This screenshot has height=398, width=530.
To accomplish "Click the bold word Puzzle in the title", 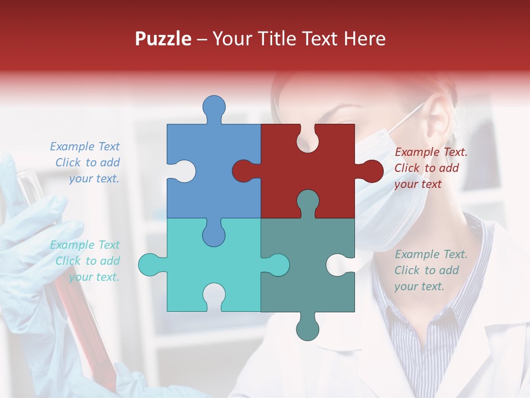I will pos(163,39).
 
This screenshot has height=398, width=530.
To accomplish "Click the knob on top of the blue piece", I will pos(214,108).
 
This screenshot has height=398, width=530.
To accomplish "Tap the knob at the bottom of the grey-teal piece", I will pos(308,329).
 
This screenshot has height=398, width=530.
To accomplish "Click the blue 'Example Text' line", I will pos(84,146).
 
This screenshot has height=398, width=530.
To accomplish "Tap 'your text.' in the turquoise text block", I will pos(94,277).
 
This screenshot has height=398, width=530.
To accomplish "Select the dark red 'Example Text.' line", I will pos(431,152).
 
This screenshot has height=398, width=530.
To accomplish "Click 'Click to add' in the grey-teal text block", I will pos(426,270).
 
